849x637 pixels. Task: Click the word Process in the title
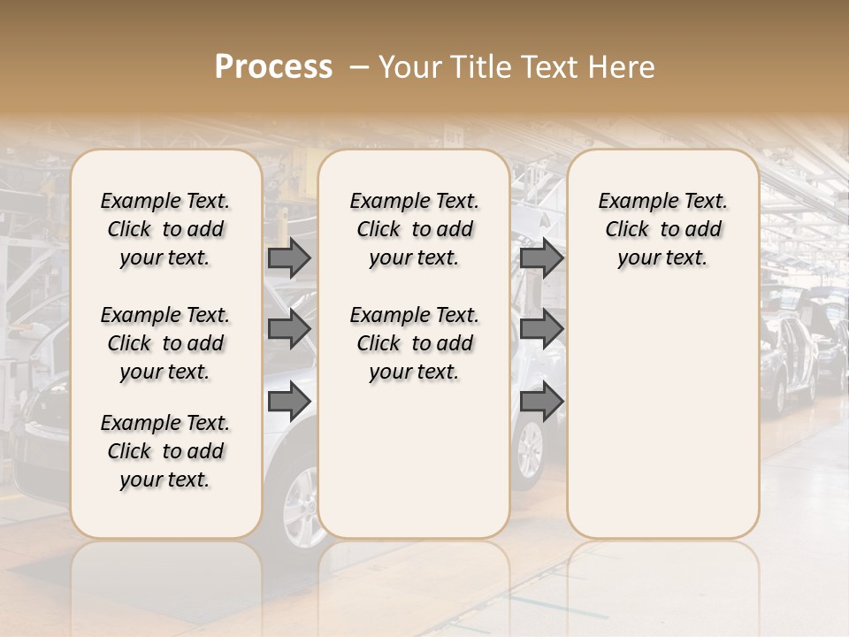click(x=273, y=67)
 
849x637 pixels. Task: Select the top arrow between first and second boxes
click(x=289, y=257)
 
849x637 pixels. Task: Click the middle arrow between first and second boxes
click(x=289, y=329)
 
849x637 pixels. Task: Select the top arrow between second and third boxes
click(x=541, y=257)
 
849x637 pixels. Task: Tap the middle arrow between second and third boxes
click(x=541, y=329)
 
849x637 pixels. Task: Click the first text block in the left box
click(x=165, y=229)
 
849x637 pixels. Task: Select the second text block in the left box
click(x=165, y=343)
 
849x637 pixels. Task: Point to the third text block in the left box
click(x=165, y=451)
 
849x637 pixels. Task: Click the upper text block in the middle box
click(x=414, y=229)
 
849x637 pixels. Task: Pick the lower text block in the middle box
click(x=414, y=343)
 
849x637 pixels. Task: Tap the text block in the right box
click(x=662, y=229)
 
